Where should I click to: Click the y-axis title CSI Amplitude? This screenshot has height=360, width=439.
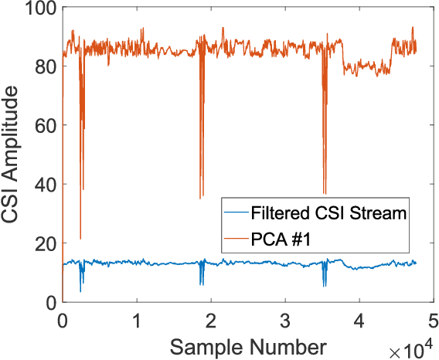point(11,154)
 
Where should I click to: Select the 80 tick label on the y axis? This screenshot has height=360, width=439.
point(45,66)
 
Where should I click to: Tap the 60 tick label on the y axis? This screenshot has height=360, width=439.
point(45,125)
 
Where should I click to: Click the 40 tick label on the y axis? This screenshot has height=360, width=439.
point(45,185)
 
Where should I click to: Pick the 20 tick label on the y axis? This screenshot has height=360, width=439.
point(45,243)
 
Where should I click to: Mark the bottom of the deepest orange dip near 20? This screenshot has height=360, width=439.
point(80,239)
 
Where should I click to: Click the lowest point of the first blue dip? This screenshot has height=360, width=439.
point(80,291)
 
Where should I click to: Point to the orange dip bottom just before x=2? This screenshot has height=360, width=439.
point(201,199)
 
